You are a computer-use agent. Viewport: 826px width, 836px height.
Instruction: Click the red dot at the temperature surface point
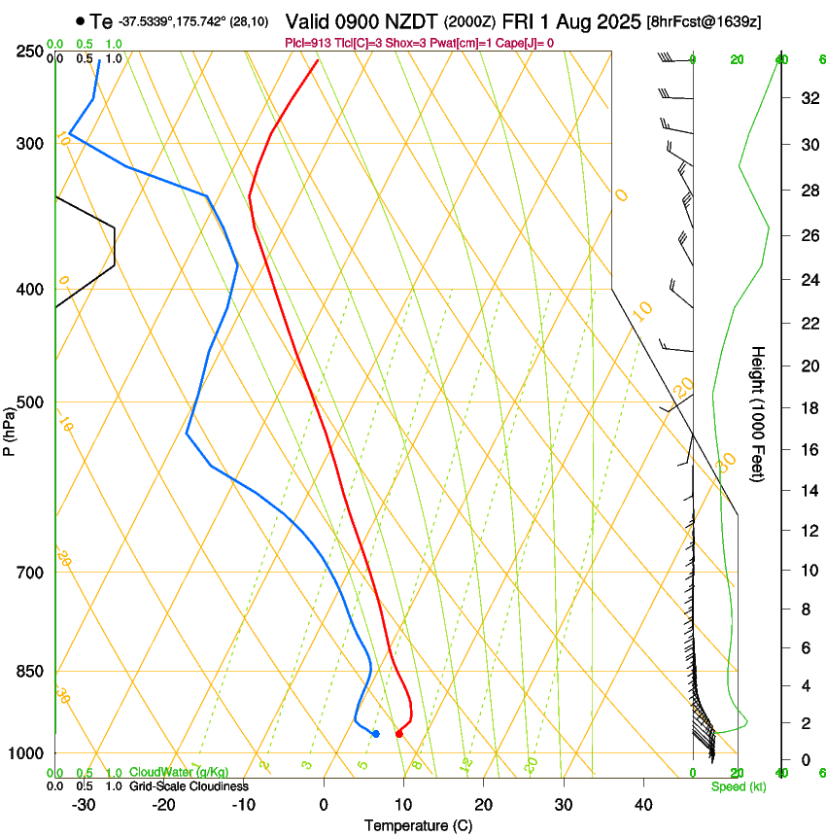click(398, 734)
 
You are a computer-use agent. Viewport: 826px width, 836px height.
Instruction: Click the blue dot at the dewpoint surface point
click(375, 734)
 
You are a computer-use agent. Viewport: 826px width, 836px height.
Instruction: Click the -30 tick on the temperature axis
click(84, 804)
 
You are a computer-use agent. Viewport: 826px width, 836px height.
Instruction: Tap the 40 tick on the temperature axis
click(643, 804)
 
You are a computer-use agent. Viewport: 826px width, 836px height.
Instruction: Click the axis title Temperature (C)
click(418, 825)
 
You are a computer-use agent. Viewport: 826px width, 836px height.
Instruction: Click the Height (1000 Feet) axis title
click(759, 413)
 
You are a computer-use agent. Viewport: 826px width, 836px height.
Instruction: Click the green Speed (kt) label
click(738, 786)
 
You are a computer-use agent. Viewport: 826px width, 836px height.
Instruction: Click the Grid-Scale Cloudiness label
click(189, 786)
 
